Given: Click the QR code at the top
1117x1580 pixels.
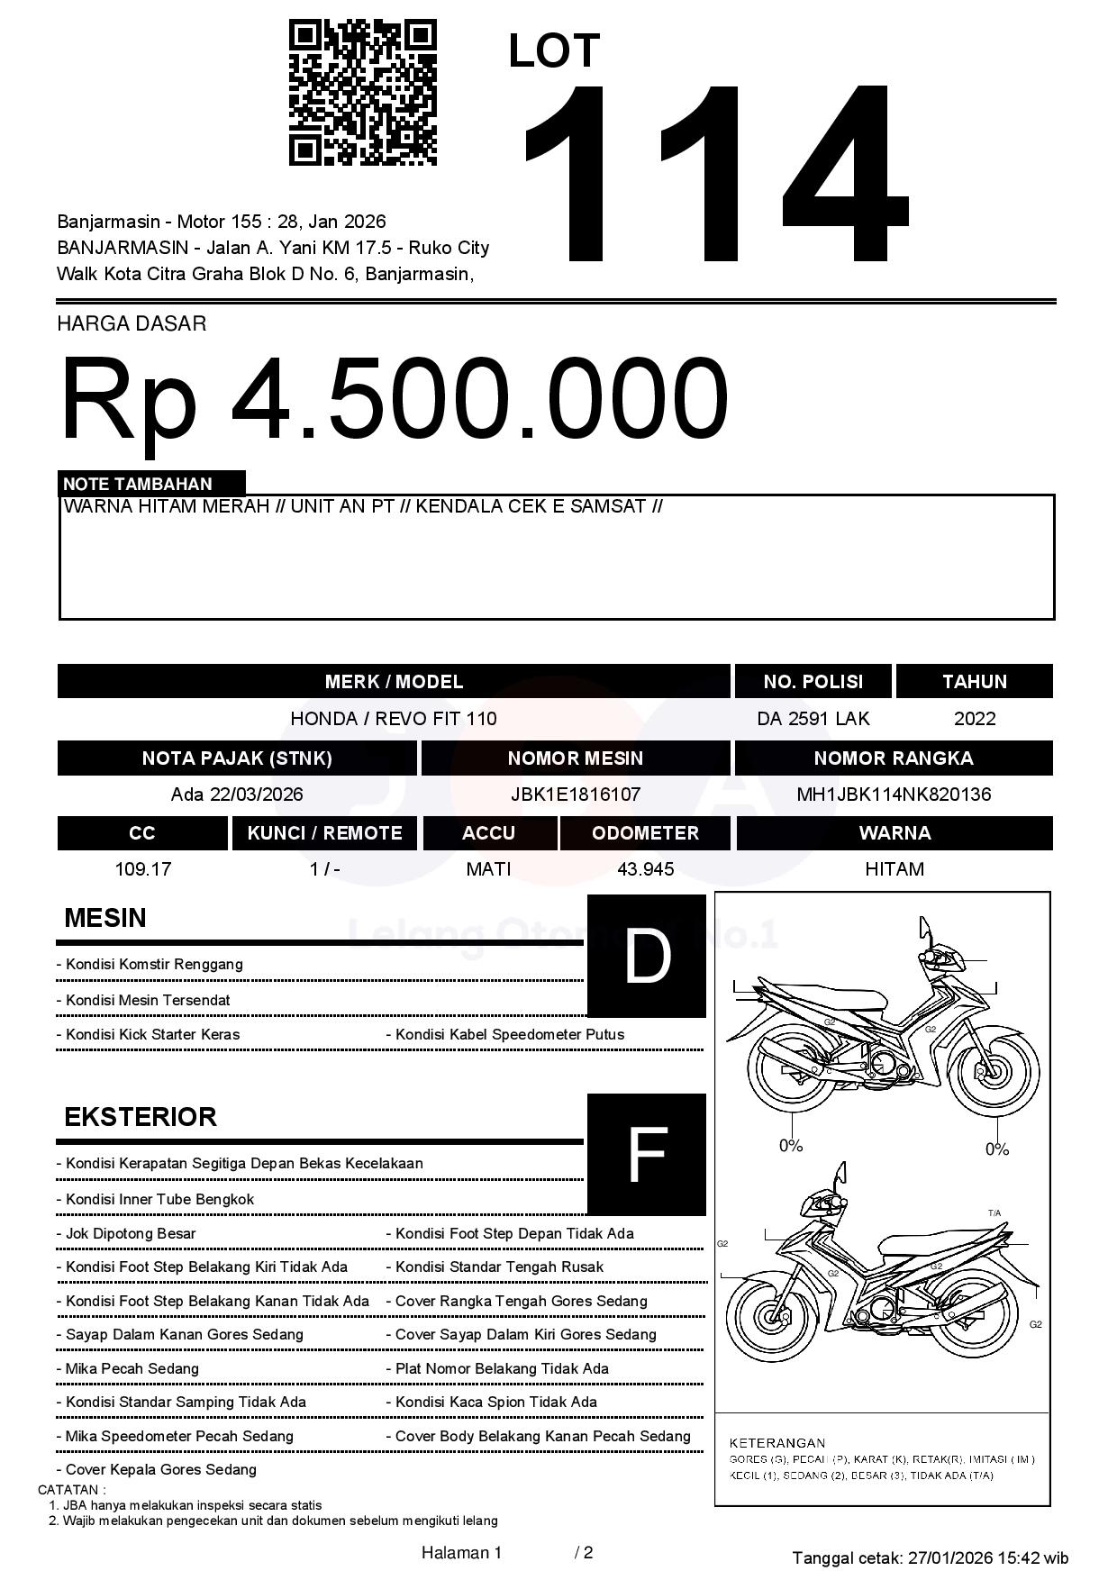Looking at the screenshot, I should (x=362, y=93).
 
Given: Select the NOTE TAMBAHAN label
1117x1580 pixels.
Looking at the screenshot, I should (x=138, y=484).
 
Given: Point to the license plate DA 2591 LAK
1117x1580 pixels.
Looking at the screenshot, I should (x=813, y=719).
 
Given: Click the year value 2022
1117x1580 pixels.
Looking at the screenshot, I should (x=975, y=719).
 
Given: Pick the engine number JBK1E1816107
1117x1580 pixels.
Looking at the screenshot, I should (x=576, y=795).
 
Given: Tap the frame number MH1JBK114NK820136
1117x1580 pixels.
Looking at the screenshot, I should (x=894, y=795).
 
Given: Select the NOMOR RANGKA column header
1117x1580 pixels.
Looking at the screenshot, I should (x=894, y=758).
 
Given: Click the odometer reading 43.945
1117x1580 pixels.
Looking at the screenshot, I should (x=645, y=869).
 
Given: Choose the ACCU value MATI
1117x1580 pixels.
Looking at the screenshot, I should (x=488, y=869).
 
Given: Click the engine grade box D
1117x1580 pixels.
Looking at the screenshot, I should (x=647, y=956).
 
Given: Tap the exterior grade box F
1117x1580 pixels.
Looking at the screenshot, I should (x=647, y=1155).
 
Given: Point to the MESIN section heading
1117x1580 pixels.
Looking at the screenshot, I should (x=105, y=918).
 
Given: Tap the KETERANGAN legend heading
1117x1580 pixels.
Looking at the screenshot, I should (x=777, y=1442).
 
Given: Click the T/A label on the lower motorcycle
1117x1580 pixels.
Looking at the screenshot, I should (x=994, y=1213).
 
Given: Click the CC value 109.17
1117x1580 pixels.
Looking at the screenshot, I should (x=142, y=869).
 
